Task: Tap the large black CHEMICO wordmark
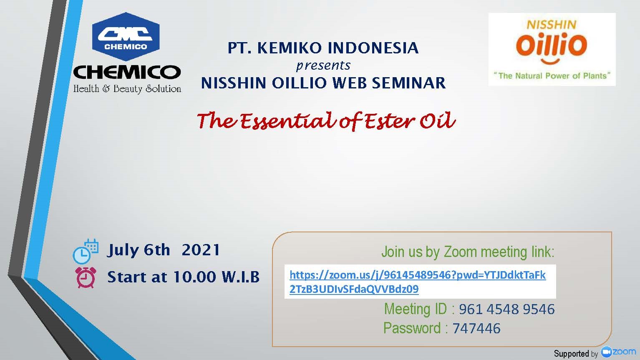click(x=127, y=72)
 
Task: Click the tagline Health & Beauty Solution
click(x=127, y=88)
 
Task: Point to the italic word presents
click(x=323, y=66)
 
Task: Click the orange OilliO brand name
click(x=552, y=46)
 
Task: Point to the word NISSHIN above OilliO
click(x=552, y=25)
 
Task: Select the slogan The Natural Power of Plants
click(x=552, y=76)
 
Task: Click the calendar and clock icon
click(x=86, y=251)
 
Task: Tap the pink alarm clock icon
click(x=86, y=277)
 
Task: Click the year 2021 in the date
click(x=201, y=250)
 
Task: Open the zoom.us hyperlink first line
click(x=418, y=275)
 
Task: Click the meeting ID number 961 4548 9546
click(x=507, y=309)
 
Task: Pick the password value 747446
click(x=476, y=328)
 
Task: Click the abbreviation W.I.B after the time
click(x=241, y=277)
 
